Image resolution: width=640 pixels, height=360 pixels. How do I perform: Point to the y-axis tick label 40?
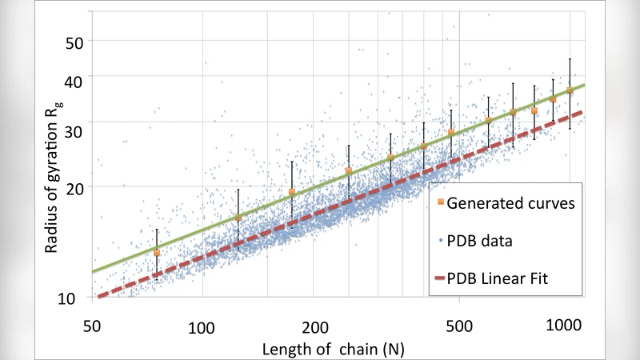[x=74, y=78]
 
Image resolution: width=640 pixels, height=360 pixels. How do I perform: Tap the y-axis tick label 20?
[x=74, y=186]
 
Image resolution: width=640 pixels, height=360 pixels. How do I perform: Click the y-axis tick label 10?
[x=74, y=298]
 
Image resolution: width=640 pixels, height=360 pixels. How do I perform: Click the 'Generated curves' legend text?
[x=510, y=203]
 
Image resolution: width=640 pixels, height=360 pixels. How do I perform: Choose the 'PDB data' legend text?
[x=479, y=240]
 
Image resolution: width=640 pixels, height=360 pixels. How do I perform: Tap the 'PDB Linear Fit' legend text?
[x=502, y=277]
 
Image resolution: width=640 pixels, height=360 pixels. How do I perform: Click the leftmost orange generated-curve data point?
[x=157, y=253]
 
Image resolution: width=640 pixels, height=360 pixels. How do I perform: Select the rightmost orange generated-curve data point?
[x=570, y=90]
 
